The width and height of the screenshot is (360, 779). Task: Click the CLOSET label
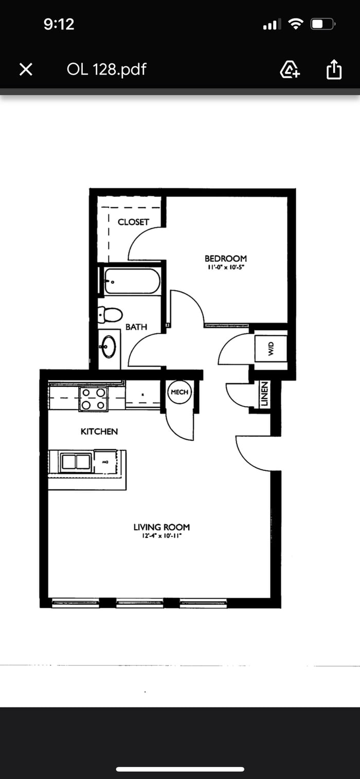133,222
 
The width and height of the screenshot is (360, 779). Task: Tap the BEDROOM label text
225,259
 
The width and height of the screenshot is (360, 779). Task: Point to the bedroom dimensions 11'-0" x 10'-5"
225,268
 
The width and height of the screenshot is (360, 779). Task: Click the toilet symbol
110,314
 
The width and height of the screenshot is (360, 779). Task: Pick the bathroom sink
109,347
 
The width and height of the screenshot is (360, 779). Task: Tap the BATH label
136,327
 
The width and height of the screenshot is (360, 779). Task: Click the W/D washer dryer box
271,350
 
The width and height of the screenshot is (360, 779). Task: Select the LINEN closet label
264,394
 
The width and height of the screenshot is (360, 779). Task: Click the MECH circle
179,392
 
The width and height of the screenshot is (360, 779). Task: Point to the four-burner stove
94,399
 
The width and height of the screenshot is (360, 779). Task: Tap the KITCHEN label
99,431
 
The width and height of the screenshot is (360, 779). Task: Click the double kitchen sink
76,462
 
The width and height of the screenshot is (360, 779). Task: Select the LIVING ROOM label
161,527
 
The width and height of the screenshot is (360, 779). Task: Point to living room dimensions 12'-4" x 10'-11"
161,536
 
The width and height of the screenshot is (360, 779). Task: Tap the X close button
26,69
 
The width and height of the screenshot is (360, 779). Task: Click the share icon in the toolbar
334,69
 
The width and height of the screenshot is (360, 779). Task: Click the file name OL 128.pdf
106,69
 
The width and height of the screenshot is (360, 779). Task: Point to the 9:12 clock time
59,24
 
